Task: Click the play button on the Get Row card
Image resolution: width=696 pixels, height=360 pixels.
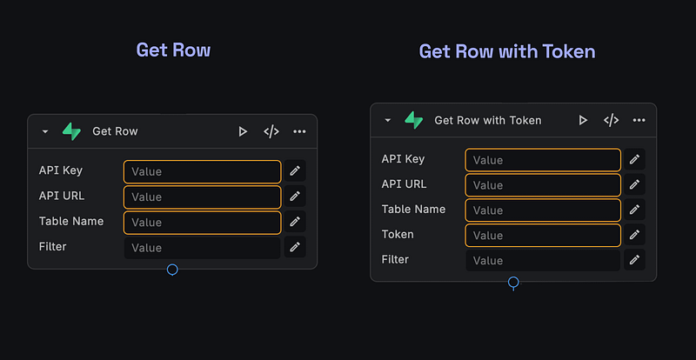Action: [x=243, y=131]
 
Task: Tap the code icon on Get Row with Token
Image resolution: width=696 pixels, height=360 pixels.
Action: [x=612, y=120]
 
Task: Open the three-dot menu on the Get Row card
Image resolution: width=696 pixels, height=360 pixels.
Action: [x=299, y=131]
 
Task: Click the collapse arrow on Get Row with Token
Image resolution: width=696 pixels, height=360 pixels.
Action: [x=387, y=121]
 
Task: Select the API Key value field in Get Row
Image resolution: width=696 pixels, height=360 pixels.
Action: [x=203, y=171]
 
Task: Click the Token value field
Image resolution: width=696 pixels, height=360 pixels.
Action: [x=543, y=236]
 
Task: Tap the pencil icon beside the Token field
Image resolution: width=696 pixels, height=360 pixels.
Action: [x=635, y=235]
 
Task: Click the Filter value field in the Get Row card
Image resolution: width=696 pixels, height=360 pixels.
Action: [x=203, y=248]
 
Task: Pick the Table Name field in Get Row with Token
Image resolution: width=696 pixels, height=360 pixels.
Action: [x=543, y=210]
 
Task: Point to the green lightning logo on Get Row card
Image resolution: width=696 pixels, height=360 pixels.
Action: [x=71, y=131]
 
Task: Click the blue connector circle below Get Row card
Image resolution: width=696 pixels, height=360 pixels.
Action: [x=172, y=270]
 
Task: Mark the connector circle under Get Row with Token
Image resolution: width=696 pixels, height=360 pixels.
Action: [x=513, y=283]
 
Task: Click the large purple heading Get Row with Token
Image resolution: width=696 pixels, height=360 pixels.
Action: [x=507, y=51]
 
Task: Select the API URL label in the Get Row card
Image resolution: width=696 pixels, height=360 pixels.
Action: [x=62, y=197]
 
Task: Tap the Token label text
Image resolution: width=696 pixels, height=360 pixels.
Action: [x=398, y=235]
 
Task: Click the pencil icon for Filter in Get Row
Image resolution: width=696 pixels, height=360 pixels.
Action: [x=295, y=248]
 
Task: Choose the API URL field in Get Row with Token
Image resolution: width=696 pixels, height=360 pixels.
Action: [x=543, y=185]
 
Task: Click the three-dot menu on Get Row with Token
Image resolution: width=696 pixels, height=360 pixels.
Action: [x=639, y=120]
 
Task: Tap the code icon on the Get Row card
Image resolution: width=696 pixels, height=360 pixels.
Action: [x=271, y=131]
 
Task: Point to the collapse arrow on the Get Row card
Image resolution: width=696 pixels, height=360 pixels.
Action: [x=45, y=132]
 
